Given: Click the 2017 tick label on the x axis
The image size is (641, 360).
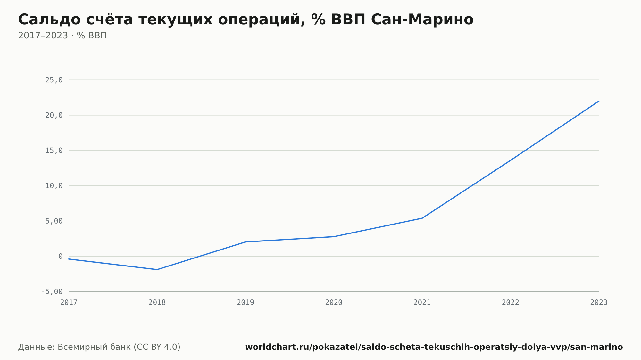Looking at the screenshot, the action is click(x=69, y=303).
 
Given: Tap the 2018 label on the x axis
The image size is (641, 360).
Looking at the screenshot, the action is click(x=157, y=303).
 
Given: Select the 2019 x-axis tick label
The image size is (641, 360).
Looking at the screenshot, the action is click(x=246, y=303).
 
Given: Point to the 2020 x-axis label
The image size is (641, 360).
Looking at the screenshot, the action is click(x=334, y=303).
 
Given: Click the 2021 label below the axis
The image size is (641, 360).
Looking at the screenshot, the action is click(x=422, y=303).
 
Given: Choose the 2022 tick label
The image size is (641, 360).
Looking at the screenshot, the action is click(x=511, y=303).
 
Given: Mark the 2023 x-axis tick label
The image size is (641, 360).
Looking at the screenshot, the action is click(x=599, y=303).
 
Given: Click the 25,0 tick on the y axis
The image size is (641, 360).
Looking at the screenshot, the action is click(x=54, y=80).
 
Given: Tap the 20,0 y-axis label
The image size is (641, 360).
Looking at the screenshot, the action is click(x=54, y=115).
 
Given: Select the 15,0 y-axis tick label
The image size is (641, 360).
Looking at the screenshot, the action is click(x=54, y=151).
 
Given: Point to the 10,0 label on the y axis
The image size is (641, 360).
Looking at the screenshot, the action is click(x=54, y=186).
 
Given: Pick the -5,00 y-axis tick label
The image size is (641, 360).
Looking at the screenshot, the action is click(x=52, y=291).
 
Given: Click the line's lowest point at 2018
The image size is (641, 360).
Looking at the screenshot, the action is click(x=157, y=270).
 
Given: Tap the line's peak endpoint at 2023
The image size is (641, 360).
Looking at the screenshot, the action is click(x=599, y=101).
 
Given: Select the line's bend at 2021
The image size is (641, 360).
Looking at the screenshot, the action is click(x=422, y=218).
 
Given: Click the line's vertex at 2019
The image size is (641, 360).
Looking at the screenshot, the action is click(x=246, y=242).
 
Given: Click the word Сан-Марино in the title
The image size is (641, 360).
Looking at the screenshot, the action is click(x=422, y=20).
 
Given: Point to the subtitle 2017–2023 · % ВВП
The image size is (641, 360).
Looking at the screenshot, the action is click(x=62, y=36).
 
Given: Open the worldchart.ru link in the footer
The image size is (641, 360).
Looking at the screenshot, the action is click(x=434, y=347).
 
